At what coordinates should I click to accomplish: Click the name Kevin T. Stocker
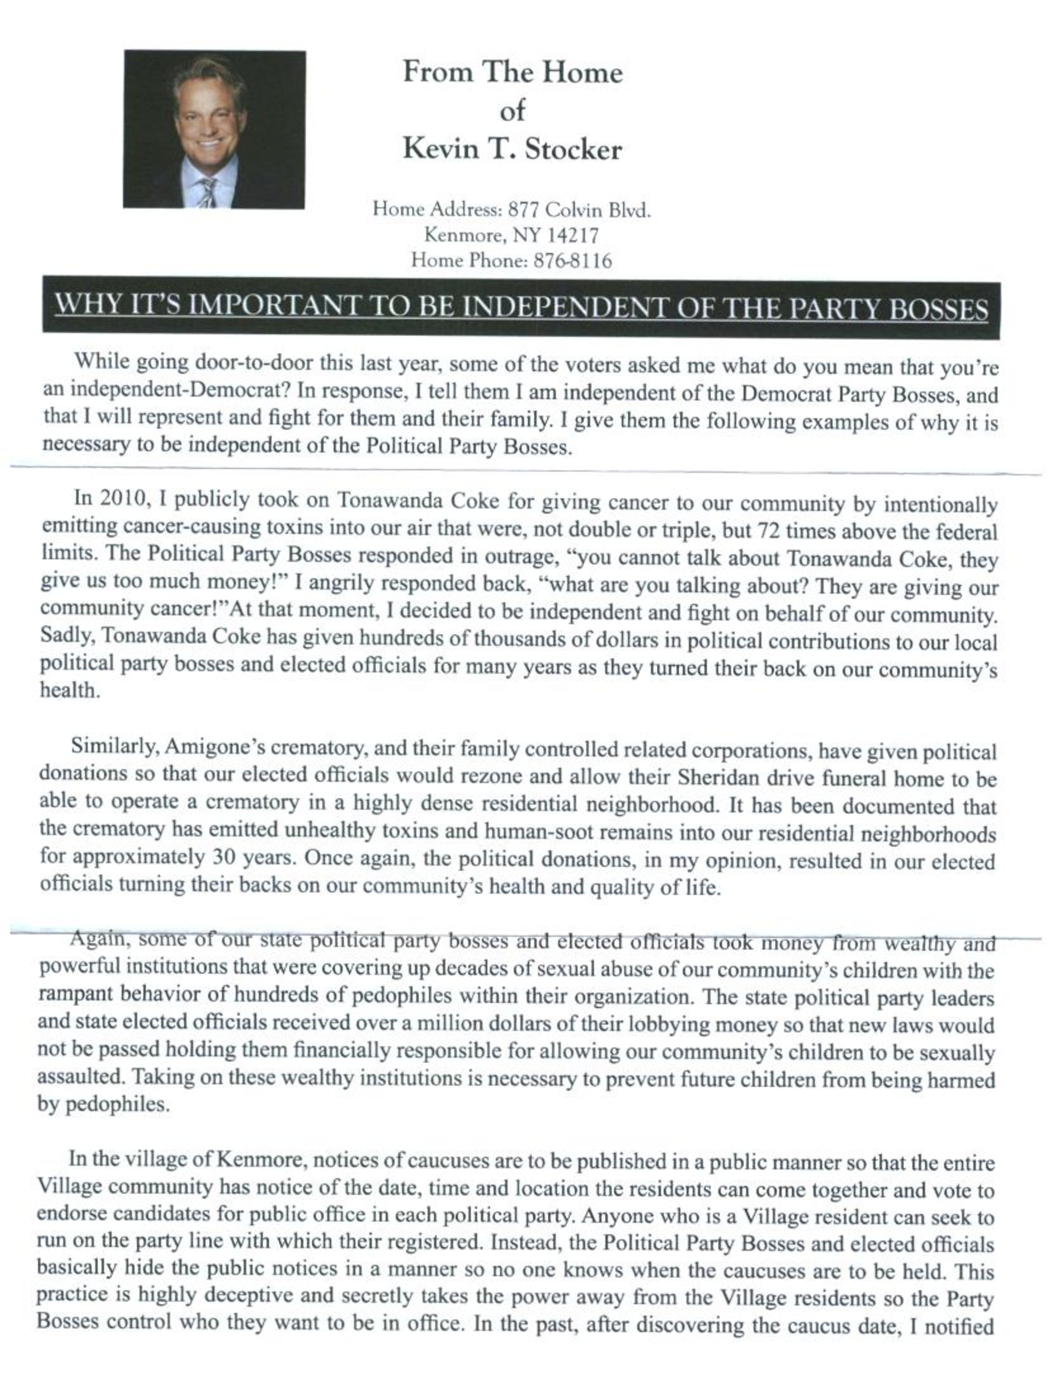click(x=512, y=150)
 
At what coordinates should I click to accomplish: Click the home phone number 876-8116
click(x=573, y=261)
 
